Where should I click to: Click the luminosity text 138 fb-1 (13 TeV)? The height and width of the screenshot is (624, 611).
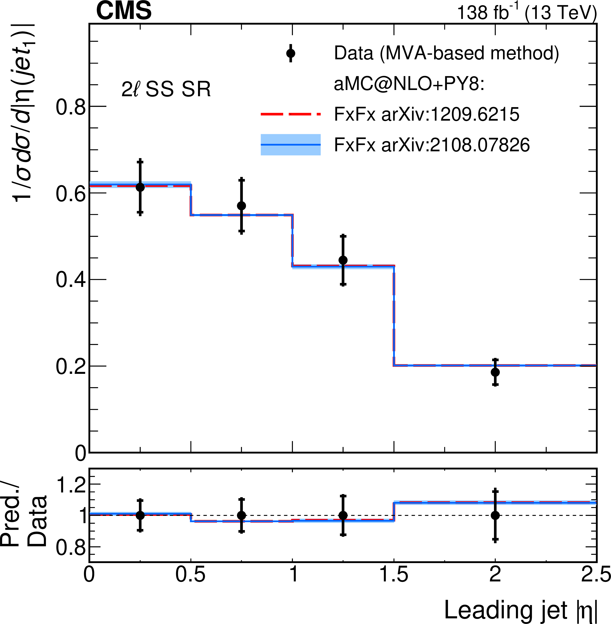[x=526, y=13]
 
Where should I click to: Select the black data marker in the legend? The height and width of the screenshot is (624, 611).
[x=291, y=53]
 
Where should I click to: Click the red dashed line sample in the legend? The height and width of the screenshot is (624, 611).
[x=290, y=114]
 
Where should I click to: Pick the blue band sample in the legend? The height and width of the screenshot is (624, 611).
[x=290, y=145]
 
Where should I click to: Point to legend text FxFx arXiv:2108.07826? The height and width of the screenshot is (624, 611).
[x=432, y=145]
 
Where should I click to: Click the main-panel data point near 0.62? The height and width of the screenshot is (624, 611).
[x=140, y=187]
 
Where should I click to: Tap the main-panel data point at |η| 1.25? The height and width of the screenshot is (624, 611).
[x=343, y=260]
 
